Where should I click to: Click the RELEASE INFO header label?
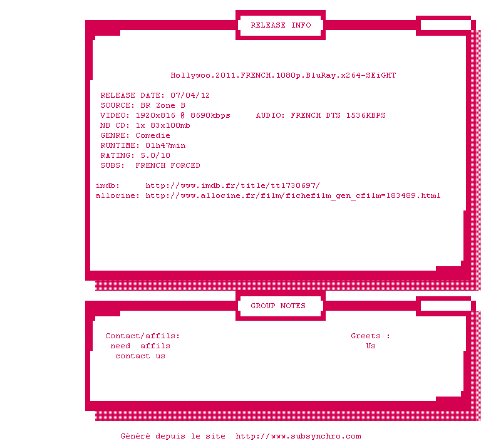coord(281,26)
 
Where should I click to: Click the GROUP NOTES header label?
coord(278,306)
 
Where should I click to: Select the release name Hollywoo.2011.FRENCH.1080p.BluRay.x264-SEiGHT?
coord(283,76)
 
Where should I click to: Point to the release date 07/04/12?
coord(190,96)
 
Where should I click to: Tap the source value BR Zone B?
coord(163,106)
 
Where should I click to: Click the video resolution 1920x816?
coord(155,116)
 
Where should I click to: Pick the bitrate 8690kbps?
coord(210,116)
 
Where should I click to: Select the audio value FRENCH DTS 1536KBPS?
coord(338,116)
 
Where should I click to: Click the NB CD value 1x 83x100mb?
coord(163,126)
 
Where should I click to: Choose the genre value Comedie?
coord(153,136)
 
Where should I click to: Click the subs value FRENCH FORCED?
coord(168,166)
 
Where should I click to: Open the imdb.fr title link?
coord(232,186)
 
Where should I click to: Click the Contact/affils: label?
coord(142,336)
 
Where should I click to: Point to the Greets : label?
coord(370,336)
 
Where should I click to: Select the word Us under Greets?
coord(371,346)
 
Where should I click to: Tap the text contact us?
coord(140,356)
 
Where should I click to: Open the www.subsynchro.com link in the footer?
coord(298,437)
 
